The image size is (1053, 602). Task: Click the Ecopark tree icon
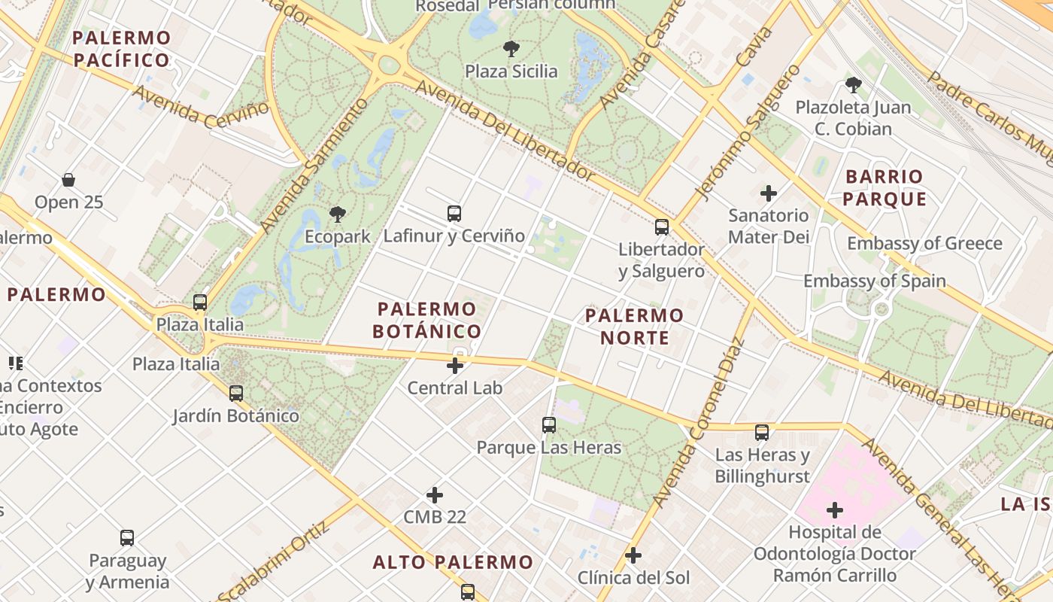tap(338, 214)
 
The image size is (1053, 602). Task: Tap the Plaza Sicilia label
tap(511, 71)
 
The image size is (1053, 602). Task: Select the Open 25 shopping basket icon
tap(68, 180)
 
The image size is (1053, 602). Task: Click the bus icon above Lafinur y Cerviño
tap(454, 213)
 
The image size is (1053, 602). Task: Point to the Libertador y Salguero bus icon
tap(662, 227)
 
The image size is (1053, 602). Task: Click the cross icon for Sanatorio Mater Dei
tap(768, 193)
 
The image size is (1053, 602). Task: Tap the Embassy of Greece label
tap(924, 243)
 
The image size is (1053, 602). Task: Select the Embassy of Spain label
tap(875, 281)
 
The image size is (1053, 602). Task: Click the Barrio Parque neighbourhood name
tap(884, 188)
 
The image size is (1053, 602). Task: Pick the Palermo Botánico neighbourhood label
tap(427, 320)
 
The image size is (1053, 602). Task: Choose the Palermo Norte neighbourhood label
tap(635, 327)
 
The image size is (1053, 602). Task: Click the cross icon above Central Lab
tap(455, 366)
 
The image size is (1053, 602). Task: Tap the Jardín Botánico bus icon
tap(236, 393)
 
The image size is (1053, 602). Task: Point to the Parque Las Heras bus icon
tap(549, 425)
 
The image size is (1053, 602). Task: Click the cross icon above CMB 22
tap(435, 495)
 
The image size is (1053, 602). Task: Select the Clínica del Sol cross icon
tap(633, 555)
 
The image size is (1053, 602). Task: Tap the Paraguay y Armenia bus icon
tap(127, 538)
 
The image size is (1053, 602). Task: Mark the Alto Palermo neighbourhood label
tap(453, 562)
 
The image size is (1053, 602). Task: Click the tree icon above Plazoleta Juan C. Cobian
tap(853, 84)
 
